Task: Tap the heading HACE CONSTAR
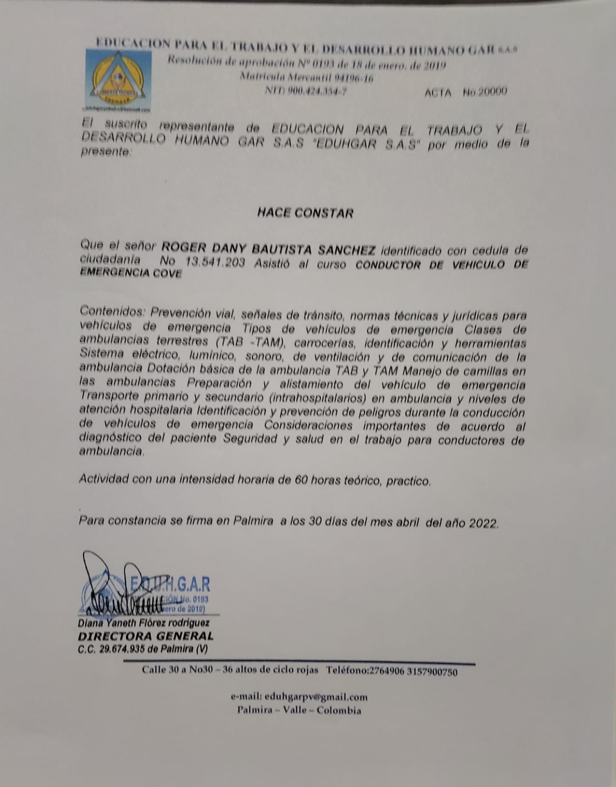click(305, 213)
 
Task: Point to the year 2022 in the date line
click(483, 524)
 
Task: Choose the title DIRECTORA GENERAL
click(146, 636)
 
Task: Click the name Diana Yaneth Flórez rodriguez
click(144, 623)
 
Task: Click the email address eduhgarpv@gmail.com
click(316, 697)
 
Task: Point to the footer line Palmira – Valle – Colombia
click(299, 710)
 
